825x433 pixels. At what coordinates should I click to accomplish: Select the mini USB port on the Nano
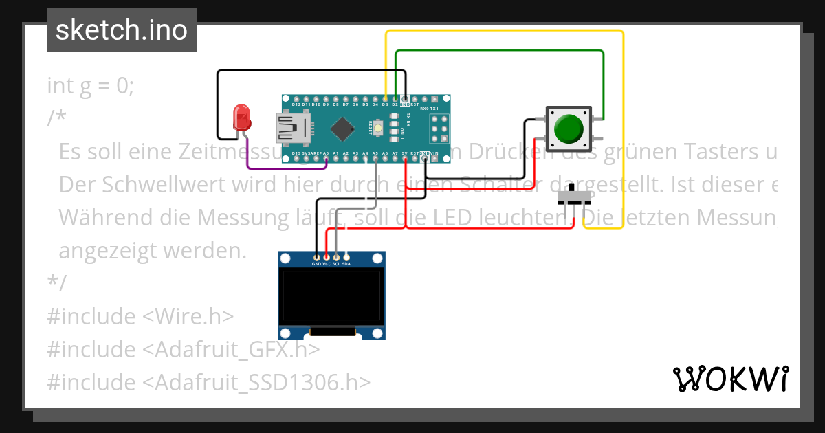pyautogui.click(x=291, y=129)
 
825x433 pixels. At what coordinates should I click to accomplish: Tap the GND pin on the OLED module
pyautogui.click(x=316, y=257)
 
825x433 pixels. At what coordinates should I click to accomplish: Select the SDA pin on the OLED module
pyautogui.click(x=346, y=257)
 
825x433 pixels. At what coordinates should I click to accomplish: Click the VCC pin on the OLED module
pyautogui.click(x=326, y=257)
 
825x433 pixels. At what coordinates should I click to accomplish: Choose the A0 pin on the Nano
pyautogui.click(x=326, y=158)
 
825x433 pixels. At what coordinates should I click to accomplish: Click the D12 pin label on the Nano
pyautogui.click(x=296, y=104)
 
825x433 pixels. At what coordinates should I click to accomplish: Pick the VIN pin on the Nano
pyautogui.click(x=434, y=153)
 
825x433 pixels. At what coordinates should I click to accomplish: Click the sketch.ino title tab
pyautogui.click(x=122, y=30)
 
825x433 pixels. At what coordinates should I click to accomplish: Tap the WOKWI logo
pyautogui.click(x=730, y=379)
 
